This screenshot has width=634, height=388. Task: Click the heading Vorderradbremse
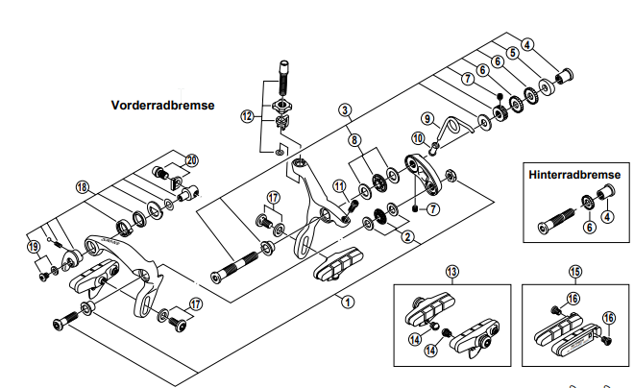click(x=162, y=105)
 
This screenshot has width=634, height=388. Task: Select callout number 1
click(x=347, y=300)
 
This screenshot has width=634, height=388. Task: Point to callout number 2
click(x=407, y=235)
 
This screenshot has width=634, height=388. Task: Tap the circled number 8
click(x=356, y=139)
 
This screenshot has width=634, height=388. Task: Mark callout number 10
click(x=418, y=138)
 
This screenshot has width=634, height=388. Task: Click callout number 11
click(x=338, y=184)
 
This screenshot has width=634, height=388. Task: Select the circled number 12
click(x=248, y=116)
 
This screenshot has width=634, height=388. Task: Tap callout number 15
click(x=575, y=272)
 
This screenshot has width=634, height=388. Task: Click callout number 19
click(x=36, y=246)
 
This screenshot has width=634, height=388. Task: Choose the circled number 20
click(x=191, y=159)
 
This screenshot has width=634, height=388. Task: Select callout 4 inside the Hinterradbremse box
click(x=605, y=217)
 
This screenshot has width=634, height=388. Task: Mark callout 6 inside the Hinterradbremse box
click(x=589, y=228)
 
